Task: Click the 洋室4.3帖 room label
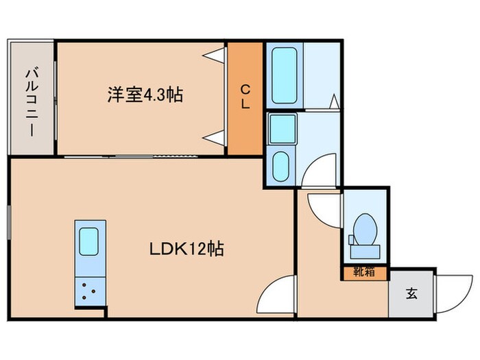tap(144, 95)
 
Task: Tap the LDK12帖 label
tap(187, 250)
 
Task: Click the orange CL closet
tap(245, 99)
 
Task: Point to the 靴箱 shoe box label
tap(363, 272)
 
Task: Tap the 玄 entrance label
tap(412, 295)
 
